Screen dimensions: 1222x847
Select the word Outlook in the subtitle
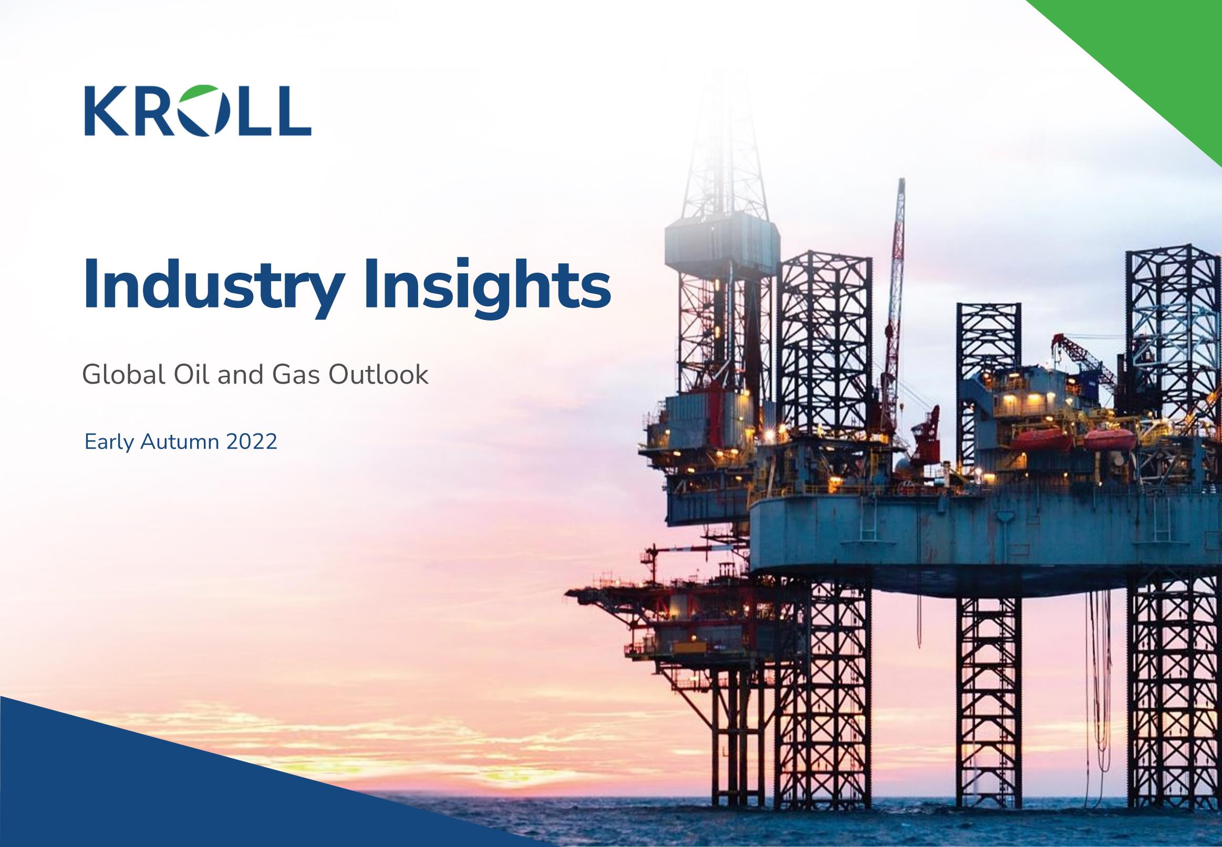pyautogui.click(x=378, y=375)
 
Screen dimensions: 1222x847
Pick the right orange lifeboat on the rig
pyautogui.click(x=1109, y=440)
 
